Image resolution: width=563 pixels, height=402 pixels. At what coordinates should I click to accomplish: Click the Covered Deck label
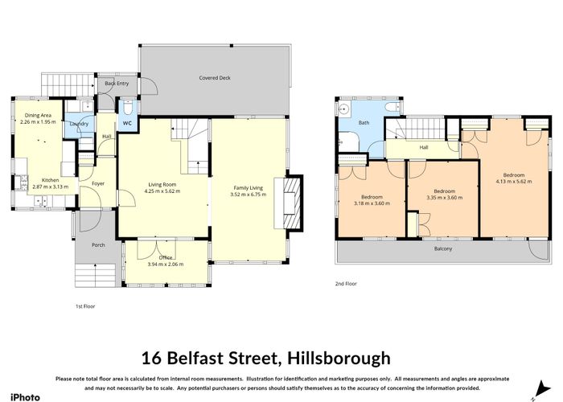(215, 77)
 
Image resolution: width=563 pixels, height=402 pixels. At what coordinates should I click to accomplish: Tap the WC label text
(127, 123)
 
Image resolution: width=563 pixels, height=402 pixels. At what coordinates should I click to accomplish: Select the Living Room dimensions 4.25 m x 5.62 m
(162, 191)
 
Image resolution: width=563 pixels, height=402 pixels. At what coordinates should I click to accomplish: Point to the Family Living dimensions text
(248, 195)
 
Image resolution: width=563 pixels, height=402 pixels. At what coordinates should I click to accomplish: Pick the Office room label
(166, 257)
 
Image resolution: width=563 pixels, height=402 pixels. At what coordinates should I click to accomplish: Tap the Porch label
(98, 245)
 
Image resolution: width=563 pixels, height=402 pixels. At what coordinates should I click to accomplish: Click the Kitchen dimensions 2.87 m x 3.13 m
(50, 187)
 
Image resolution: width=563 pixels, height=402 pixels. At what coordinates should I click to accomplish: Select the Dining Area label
(38, 115)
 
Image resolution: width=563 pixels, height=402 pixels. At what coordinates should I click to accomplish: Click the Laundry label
(79, 124)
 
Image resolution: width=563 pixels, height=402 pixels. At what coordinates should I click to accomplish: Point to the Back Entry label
(117, 84)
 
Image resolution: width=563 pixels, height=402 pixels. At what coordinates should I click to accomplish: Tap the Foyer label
(98, 183)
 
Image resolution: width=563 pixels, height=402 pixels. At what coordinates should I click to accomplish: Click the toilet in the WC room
(127, 107)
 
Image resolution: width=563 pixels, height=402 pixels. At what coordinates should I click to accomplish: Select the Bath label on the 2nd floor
(364, 123)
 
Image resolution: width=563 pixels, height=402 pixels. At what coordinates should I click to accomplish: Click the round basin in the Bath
(343, 109)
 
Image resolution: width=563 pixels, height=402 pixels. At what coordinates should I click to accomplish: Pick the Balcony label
(443, 248)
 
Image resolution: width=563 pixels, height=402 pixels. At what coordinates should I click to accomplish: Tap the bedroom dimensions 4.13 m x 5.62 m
(514, 181)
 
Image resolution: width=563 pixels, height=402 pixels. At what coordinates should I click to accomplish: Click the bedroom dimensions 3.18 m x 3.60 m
(372, 203)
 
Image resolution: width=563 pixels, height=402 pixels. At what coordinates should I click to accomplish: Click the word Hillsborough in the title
(339, 359)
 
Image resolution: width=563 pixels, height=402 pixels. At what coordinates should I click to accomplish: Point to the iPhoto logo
(26, 397)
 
